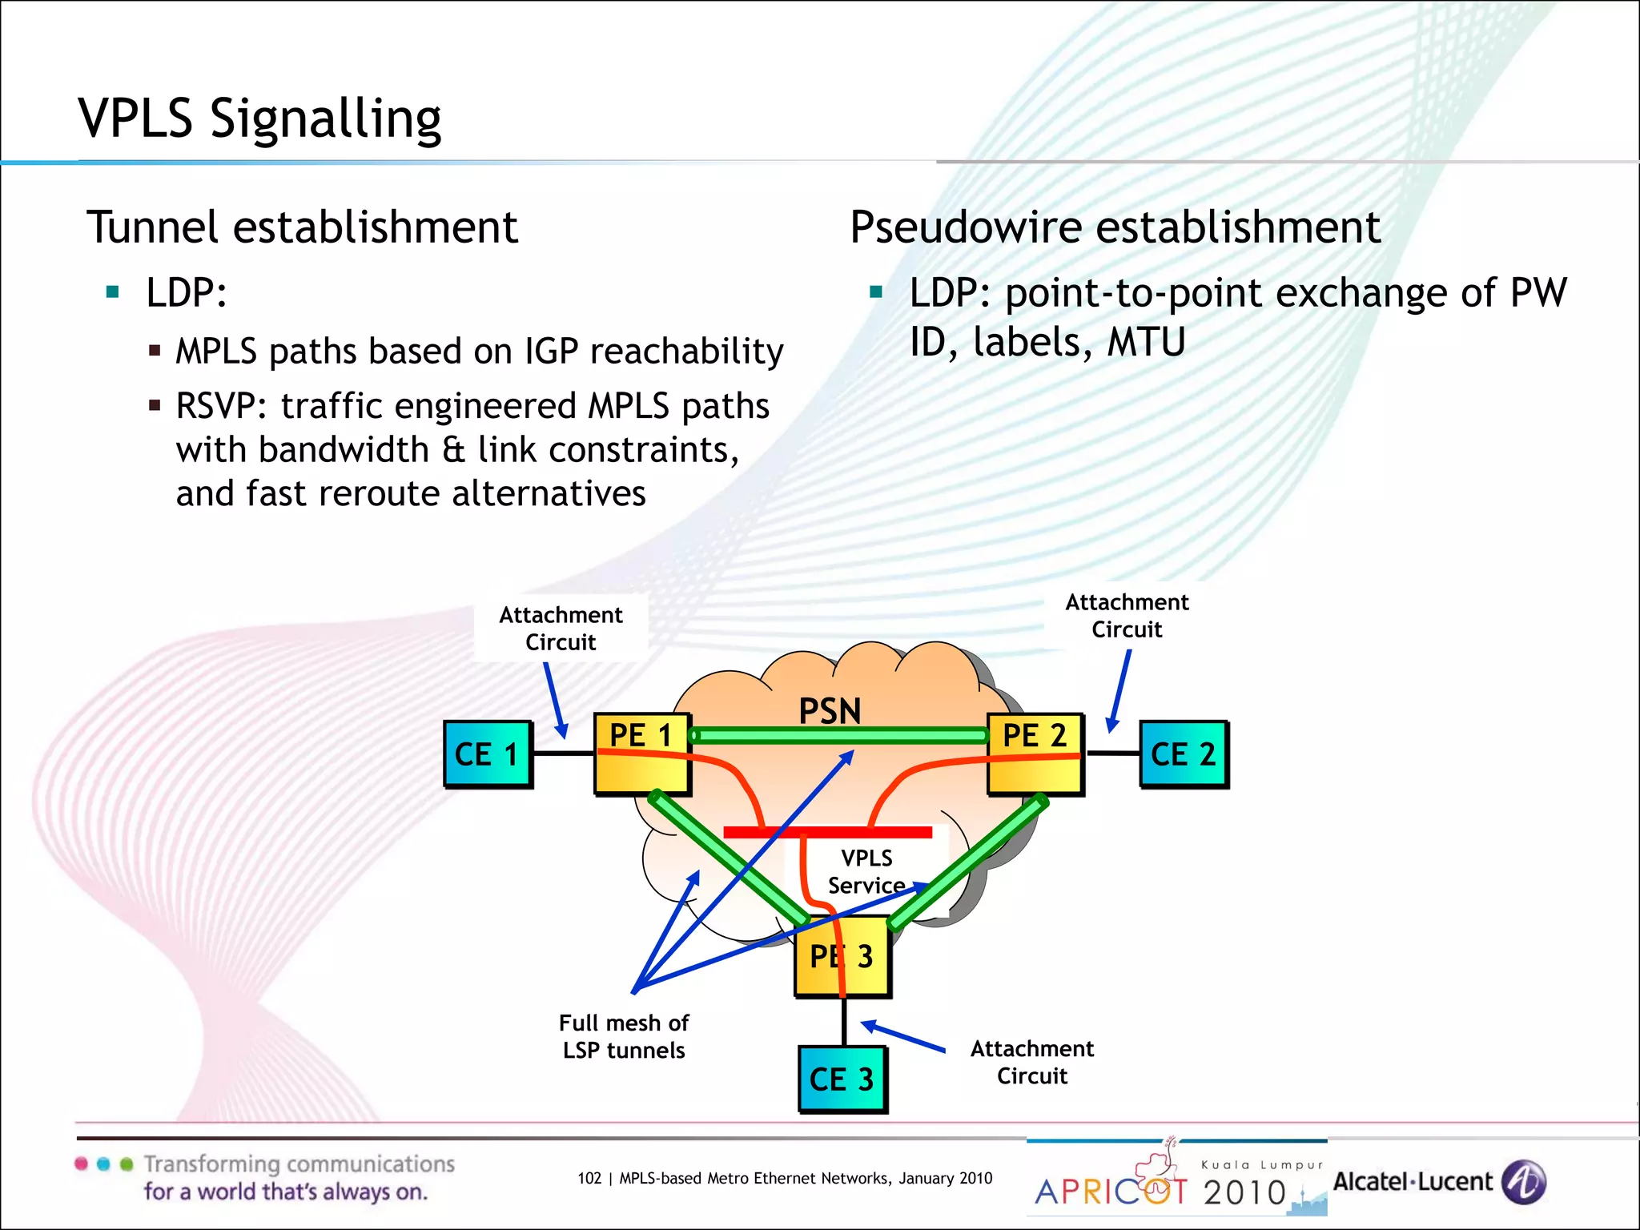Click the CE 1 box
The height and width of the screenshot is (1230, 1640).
click(x=487, y=754)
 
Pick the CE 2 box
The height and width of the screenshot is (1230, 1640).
click(x=1183, y=754)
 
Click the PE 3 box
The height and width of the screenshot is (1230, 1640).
click(x=842, y=956)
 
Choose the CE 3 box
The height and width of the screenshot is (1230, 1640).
click(x=842, y=1079)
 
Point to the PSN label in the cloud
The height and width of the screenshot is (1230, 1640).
click(x=830, y=711)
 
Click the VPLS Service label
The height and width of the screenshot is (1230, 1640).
click(x=866, y=872)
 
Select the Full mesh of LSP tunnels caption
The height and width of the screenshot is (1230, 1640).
click(x=624, y=1036)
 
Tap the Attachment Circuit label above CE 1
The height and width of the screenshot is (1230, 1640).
click(x=561, y=629)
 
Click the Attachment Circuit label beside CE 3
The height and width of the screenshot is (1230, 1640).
click(x=1031, y=1062)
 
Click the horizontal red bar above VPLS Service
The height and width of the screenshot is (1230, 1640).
click(x=827, y=832)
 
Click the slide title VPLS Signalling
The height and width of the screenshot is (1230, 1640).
click(x=259, y=119)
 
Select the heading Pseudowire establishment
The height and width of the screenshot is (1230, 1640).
click(x=1115, y=227)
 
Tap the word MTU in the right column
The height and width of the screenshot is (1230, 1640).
click(x=1146, y=343)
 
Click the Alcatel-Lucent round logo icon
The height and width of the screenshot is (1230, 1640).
click(x=1523, y=1182)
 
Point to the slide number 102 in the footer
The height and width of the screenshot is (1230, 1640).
click(x=589, y=1178)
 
